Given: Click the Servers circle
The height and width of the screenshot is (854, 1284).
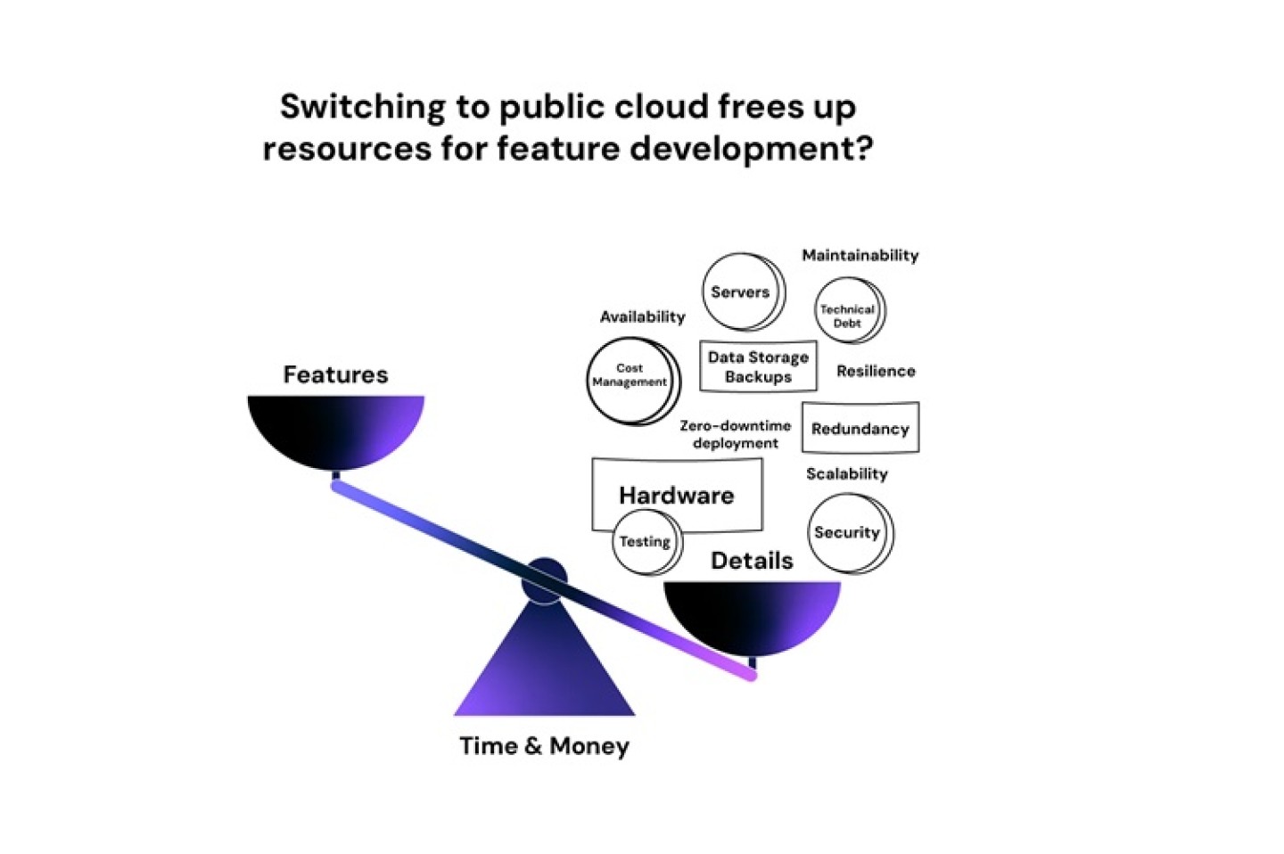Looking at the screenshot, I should click(742, 292).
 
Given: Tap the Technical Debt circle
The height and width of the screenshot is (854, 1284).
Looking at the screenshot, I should click(849, 311).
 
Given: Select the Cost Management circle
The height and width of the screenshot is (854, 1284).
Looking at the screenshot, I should click(631, 380).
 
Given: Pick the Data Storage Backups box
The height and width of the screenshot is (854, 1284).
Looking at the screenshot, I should click(758, 366).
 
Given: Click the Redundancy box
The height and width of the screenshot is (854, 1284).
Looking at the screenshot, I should click(860, 429).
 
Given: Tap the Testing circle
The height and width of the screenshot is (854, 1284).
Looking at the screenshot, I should click(646, 542).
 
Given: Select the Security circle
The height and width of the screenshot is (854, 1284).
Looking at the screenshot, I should click(849, 533).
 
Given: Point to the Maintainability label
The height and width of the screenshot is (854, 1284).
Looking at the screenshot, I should click(860, 255).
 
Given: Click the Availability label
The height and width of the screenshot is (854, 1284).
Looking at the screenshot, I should click(642, 316).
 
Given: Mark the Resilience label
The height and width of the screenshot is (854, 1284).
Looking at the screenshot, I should click(876, 371).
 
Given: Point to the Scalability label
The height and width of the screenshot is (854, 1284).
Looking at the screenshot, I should click(846, 473).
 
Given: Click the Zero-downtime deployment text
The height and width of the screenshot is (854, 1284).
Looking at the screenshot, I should click(735, 434).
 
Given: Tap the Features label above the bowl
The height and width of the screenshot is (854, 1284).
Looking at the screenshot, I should click(335, 374).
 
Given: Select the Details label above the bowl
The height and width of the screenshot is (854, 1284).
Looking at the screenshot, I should click(752, 561).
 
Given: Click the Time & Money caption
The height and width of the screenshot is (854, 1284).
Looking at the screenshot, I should click(544, 746).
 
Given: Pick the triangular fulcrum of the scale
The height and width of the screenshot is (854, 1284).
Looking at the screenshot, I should click(544, 669).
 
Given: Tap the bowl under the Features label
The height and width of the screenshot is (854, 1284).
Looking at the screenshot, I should click(335, 429).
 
